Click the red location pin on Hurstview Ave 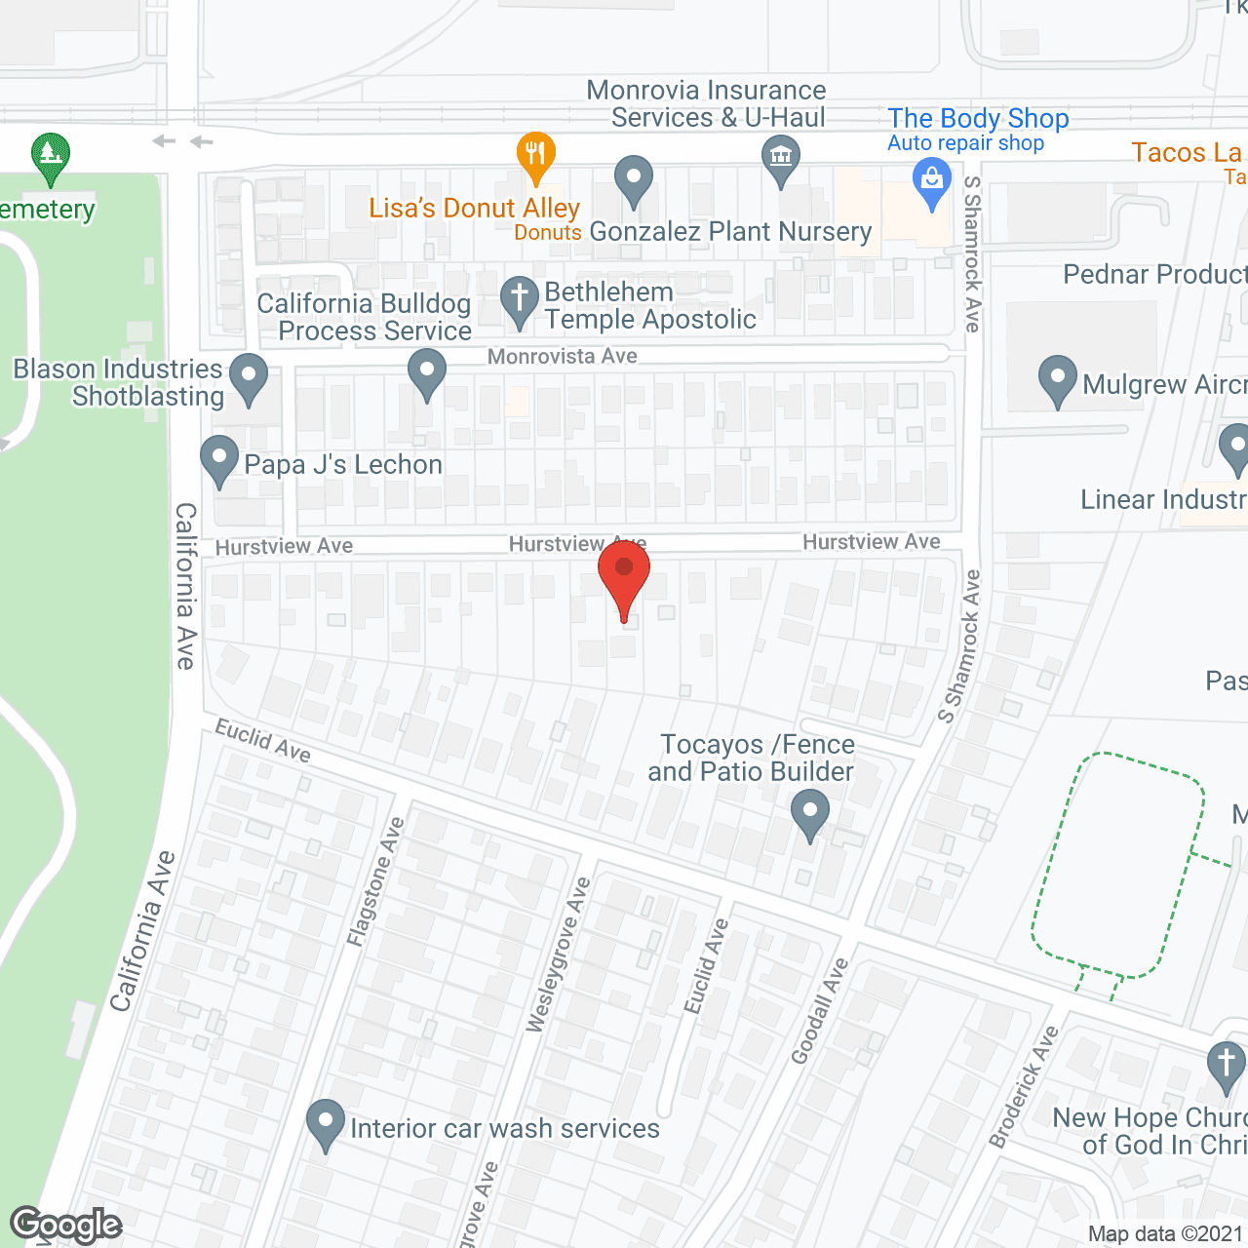point(624,571)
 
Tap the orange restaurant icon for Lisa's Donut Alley point(535,154)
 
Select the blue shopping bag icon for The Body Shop point(932,181)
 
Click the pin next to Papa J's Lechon point(219,458)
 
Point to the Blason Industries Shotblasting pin point(249,376)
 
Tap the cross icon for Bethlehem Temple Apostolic point(520,298)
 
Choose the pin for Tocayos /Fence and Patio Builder point(809,811)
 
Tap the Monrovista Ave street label point(562,357)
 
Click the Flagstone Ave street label point(375,881)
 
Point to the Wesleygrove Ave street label point(558,955)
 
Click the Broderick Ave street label point(1023,1086)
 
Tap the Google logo point(66,1225)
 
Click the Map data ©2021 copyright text point(1165,1233)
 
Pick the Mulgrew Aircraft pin point(1057,378)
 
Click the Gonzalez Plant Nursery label point(730,232)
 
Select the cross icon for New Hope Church point(1226,1064)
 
